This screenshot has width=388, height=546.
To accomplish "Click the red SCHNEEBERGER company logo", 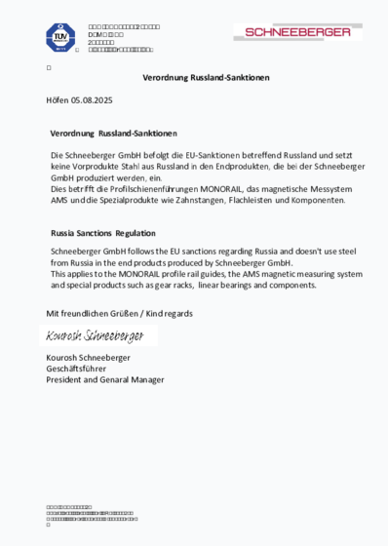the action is pyautogui.click(x=297, y=32).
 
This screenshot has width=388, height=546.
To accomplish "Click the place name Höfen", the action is pyautogui.click(x=58, y=100).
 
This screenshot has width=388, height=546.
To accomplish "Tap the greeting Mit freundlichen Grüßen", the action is pyautogui.click(x=93, y=313).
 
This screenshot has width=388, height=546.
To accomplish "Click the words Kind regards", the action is pyautogui.click(x=167, y=313).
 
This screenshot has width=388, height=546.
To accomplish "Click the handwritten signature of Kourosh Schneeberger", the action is pyautogui.click(x=97, y=335).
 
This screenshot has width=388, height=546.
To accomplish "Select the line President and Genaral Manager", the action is pyautogui.click(x=105, y=379).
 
